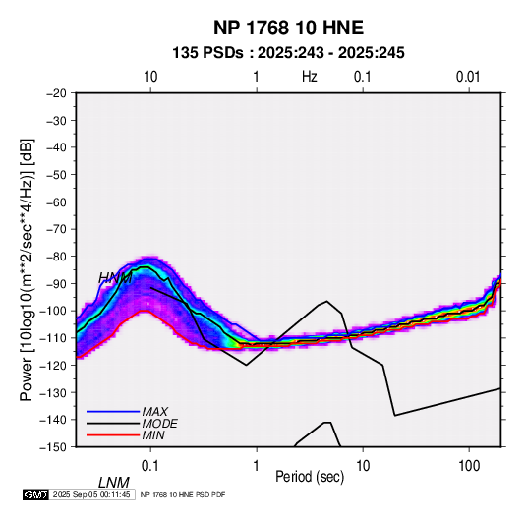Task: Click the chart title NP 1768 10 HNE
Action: click(288, 28)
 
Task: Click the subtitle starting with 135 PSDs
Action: click(288, 53)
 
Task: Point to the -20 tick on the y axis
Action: click(56, 93)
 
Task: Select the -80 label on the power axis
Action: click(56, 257)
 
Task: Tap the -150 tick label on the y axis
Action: click(53, 447)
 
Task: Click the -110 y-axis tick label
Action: click(53, 338)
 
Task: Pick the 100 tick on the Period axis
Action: click(469, 466)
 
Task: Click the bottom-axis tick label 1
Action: click(257, 466)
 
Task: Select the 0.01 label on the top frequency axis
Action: click(468, 77)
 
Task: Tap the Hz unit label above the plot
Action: click(310, 77)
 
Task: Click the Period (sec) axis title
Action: click(310, 477)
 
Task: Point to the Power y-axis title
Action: click(27, 269)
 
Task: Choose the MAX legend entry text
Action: click(154, 412)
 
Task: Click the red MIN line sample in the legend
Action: click(113, 435)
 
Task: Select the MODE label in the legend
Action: click(159, 424)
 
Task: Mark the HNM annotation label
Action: click(115, 278)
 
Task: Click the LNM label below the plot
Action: click(114, 483)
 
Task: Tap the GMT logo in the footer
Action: click(36, 494)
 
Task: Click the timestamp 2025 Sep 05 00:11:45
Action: click(91, 494)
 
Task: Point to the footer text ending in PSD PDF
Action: click(183, 494)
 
